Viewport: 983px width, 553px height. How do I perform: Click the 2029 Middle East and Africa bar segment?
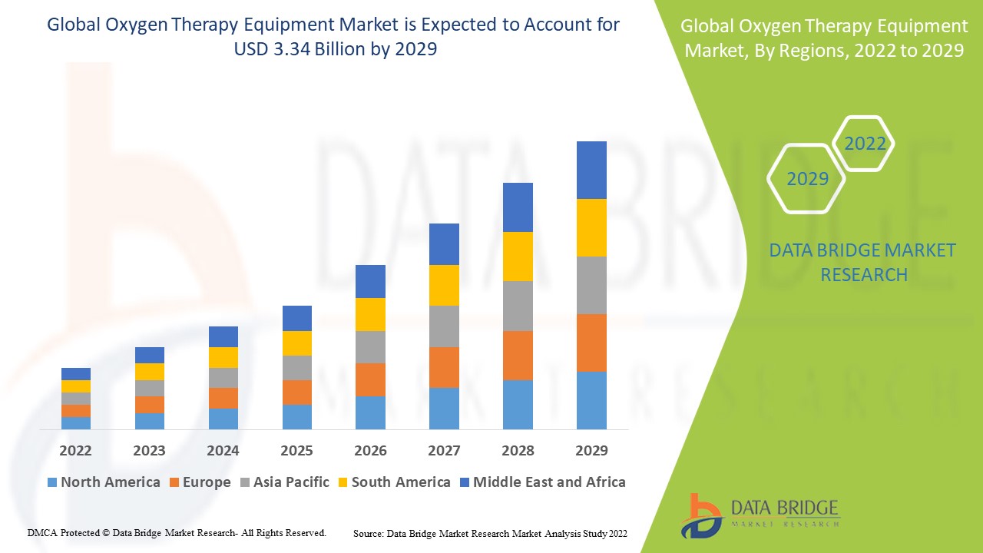[x=591, y=170]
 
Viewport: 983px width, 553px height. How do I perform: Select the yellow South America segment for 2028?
[x=518, y=257]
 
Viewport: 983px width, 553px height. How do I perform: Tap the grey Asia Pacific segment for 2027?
[x=444, y=326]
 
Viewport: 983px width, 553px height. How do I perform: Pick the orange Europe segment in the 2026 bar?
[x=370, y=379]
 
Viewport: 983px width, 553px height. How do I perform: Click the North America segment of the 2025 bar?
[x=296, y=416]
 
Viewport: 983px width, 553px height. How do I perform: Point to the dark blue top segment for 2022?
[x=76, y=374]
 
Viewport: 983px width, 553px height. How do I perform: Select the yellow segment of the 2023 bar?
[x=150, y=372]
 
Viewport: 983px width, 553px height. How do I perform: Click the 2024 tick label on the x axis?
[x=223, y=450]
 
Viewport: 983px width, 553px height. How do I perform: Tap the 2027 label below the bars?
[x=444, y=450]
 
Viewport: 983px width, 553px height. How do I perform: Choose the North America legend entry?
[x=104, y=482]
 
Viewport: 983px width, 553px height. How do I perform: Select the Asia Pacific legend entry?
[x=284, y=482]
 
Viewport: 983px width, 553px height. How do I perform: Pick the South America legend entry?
[x=393, y=482]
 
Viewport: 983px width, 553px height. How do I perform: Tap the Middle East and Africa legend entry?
[x=541, y=482]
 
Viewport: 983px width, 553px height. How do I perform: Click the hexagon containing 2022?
[x=865, y=144]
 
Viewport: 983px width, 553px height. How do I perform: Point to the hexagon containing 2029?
[x=807, y=179]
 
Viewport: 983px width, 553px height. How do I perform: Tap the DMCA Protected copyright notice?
[x=177, y=532]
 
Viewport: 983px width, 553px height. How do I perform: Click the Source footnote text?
[x=490, y=533]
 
